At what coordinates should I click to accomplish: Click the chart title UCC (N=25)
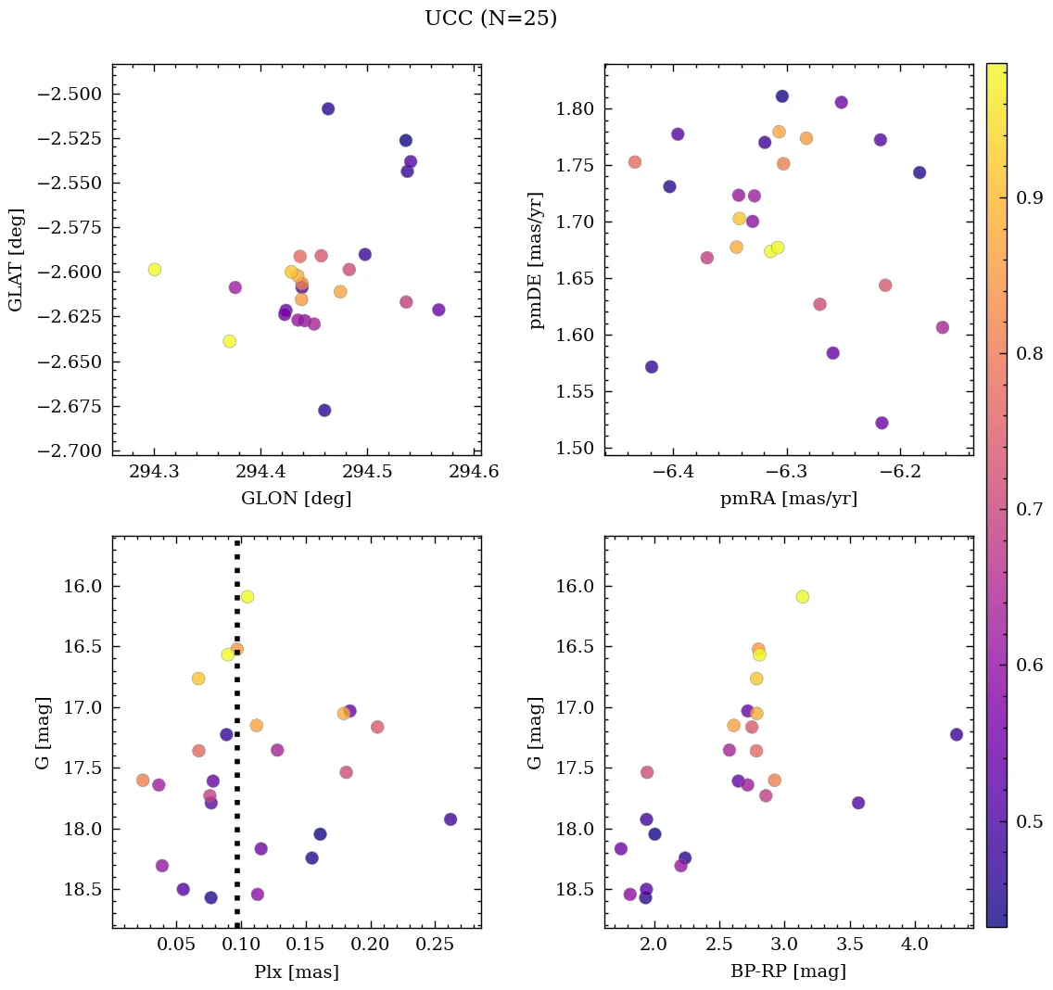tap(490, 19)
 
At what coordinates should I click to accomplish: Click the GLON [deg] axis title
tap(296, 499)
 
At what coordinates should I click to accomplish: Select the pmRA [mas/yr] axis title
tap(788, 499)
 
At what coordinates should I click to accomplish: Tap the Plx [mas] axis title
tap(296, 971)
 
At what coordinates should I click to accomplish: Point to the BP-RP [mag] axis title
tap(788, 971)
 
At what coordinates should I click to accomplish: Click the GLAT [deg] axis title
tap(16, 260)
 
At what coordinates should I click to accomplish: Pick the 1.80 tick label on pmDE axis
tap(575, 109)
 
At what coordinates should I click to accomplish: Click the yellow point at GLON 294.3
tap(155, 270)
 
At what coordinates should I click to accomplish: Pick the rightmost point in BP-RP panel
tap(957, 734)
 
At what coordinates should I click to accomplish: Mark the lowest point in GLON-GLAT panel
tap(324, 410)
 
